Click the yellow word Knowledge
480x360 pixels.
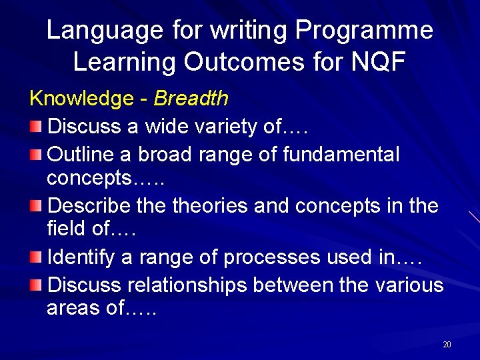click(x=81, y=99)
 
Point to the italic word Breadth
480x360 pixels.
click(x=191, y=99)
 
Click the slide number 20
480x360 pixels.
click(x=447, y=345)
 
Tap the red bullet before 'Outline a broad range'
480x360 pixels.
click(x=37, y=155)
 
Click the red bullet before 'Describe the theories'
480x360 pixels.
click(x=37, y=206)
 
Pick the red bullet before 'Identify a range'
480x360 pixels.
click(x=37, y=257)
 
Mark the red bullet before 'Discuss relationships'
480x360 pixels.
click(x=37, y=285)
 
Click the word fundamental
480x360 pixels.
click(x=341, y=155)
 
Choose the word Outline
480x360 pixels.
click(x=81, y=155)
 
